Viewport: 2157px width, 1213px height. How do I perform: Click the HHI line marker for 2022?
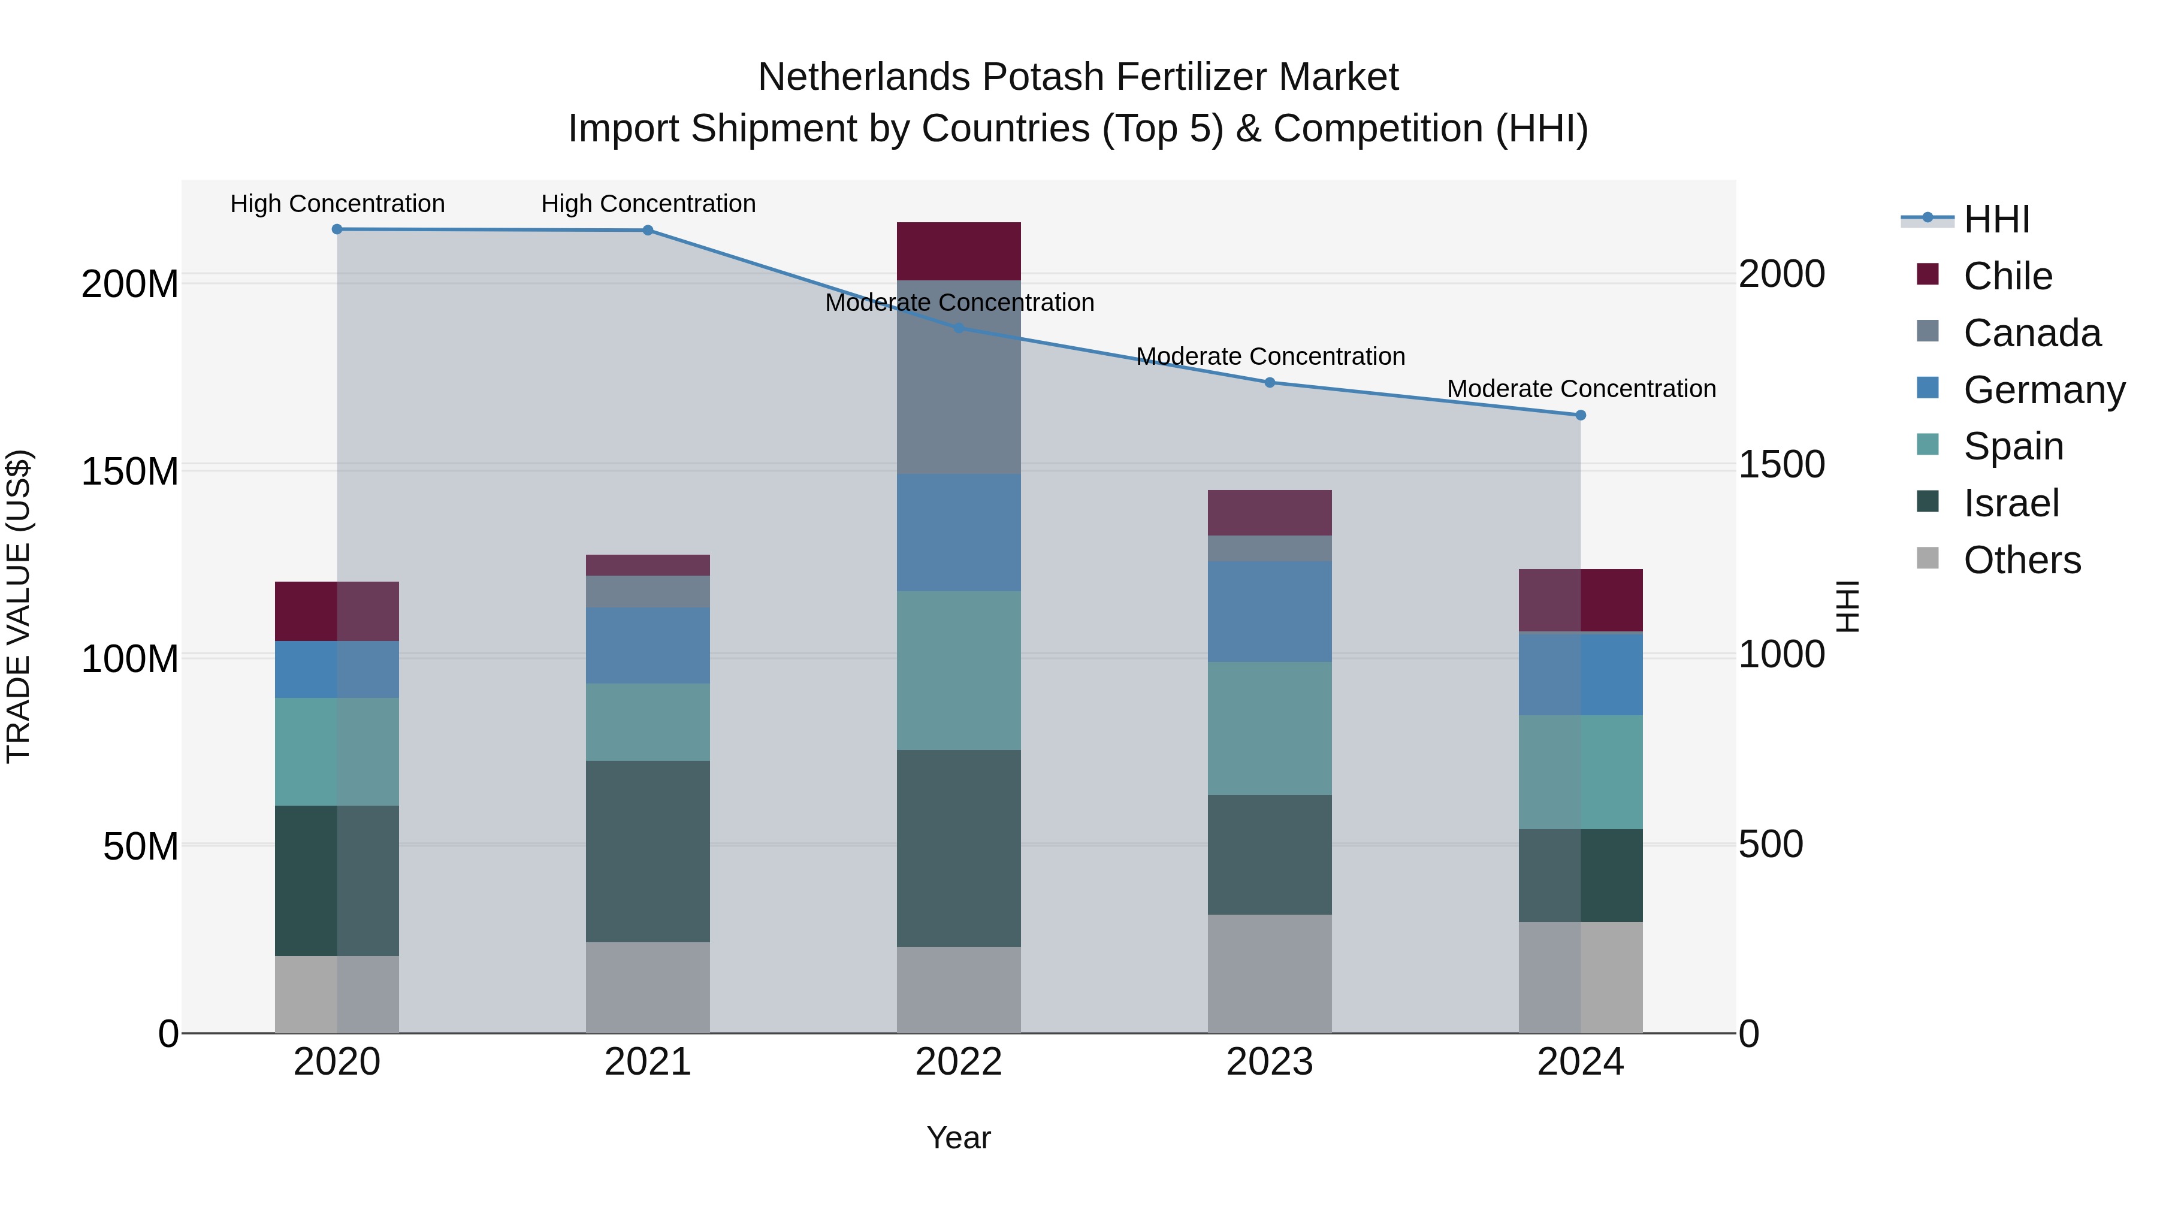click(x=959, y=328)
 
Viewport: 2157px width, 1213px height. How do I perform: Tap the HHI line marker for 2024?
click(x=1580, y=415)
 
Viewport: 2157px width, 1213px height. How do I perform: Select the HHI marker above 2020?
click(x=337, y=229)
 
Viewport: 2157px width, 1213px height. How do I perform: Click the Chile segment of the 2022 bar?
click(x=959, y=251)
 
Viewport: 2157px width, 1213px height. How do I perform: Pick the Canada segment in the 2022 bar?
click(x=959, y=377)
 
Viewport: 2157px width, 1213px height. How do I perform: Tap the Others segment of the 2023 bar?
click(x=1270, y=973)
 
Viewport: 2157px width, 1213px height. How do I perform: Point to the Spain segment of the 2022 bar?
click(x=959, y=670)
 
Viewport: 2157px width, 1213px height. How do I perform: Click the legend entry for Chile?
click(x=2008, y=276)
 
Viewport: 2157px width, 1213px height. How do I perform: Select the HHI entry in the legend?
click(x=1996, y=219)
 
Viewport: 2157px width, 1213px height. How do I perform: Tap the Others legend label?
click(x=2022, y=560)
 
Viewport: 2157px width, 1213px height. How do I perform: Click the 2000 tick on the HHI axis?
click(x=1782, y=274)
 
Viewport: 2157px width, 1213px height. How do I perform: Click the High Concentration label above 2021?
click(x=648, y=204)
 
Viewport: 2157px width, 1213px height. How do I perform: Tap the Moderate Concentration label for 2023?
click(x=1270, y=356)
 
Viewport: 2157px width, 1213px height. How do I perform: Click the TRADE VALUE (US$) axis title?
click(x=19, y=606)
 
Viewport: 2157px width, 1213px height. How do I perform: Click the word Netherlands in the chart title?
click(x=864, y=77)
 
